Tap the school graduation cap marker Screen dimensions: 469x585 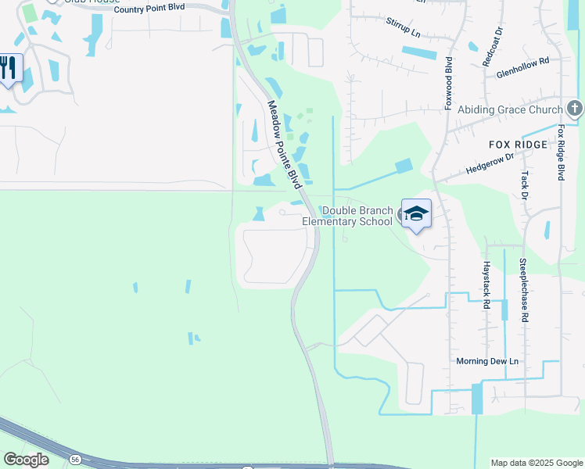pyautogui.click(x=416, y=213)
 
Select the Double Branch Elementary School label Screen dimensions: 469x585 pyautogui.click(x=357, y=216)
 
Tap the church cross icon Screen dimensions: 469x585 pyautogui.click(x=574, y=109)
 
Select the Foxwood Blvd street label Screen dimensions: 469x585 pyautogui.click(x=450, y=82)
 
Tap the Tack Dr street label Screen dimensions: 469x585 pyautogui.click(x=525, y=185)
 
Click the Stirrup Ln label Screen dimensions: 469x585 pyautogui.click(x=403, y=29)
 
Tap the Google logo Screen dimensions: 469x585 pyautogui.click(x=27, y=460)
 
